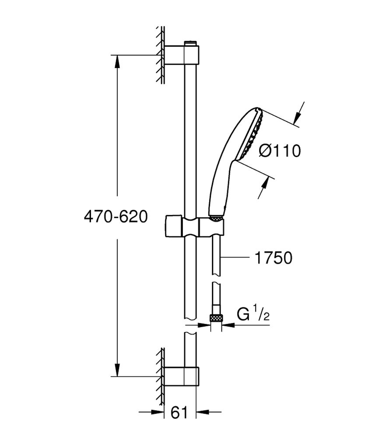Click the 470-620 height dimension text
click(x=116, y=216)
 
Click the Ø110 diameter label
click(x=280, y=151)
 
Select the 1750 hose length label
click(x=273, y=258)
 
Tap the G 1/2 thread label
click(x=253, y=314)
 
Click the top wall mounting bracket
click(x=181, y=55)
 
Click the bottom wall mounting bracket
click(x=181, y=376)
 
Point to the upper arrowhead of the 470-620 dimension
click(x=117, y=62)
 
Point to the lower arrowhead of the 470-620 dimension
click(x=117, y=369)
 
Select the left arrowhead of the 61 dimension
click(x=157, y=411)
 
